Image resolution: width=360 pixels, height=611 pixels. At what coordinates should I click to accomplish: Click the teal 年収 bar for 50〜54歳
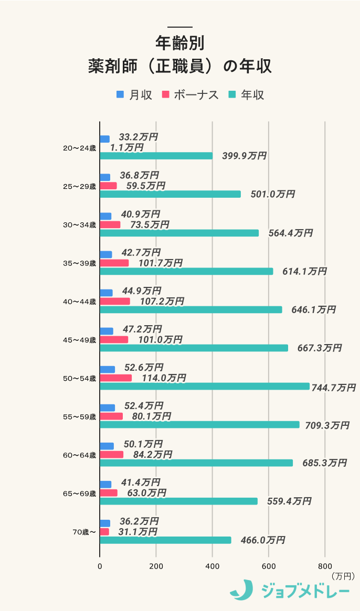click(x=205, y=386)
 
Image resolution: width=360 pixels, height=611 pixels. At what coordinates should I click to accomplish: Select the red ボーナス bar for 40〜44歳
click(x=115, y=301)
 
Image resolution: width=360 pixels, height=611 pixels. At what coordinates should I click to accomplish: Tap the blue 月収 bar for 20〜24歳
click(x=105, y=139)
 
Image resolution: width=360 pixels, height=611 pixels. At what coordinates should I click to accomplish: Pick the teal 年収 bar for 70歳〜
click(x=165, y=540)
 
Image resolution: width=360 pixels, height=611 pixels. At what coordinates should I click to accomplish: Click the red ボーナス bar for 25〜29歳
click(x=108, y=186)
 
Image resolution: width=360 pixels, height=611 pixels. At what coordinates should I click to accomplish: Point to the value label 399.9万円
click(x=244, y=156)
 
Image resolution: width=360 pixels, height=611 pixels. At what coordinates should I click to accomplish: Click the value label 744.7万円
click(x=333, y=388)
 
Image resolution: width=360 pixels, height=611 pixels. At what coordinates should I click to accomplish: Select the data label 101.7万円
click(x=161, y=263)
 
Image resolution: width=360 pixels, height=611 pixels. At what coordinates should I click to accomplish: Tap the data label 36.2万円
click(x=139, y=521)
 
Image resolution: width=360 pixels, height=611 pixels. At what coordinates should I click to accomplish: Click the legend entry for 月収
click(x=134, y=95)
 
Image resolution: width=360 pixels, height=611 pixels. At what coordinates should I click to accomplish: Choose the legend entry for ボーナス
click(x=190, y=95)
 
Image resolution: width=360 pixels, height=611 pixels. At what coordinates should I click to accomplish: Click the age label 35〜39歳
click(x=79, y=263)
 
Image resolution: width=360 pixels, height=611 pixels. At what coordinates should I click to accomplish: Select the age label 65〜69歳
click(x=79, y=494)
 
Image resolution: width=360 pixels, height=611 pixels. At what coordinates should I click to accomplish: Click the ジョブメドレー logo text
click(x=305, y=591)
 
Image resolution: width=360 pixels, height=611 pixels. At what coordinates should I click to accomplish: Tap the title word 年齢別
click(x=180, y=43)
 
